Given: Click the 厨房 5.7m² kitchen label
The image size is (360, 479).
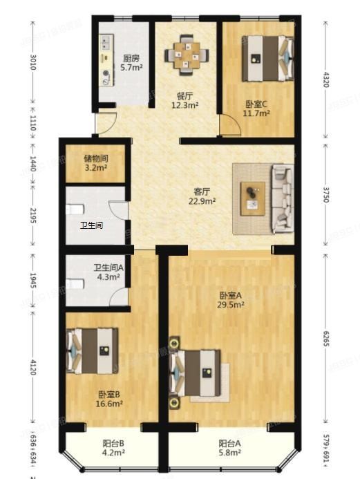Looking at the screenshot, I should (131, 63).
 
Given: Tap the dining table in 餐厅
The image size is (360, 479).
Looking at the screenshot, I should (185, 53).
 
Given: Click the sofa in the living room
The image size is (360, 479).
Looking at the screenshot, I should (281, 197).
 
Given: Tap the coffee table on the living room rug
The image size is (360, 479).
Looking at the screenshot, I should (252, 194).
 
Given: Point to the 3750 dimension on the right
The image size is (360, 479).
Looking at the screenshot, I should (326, 196).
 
